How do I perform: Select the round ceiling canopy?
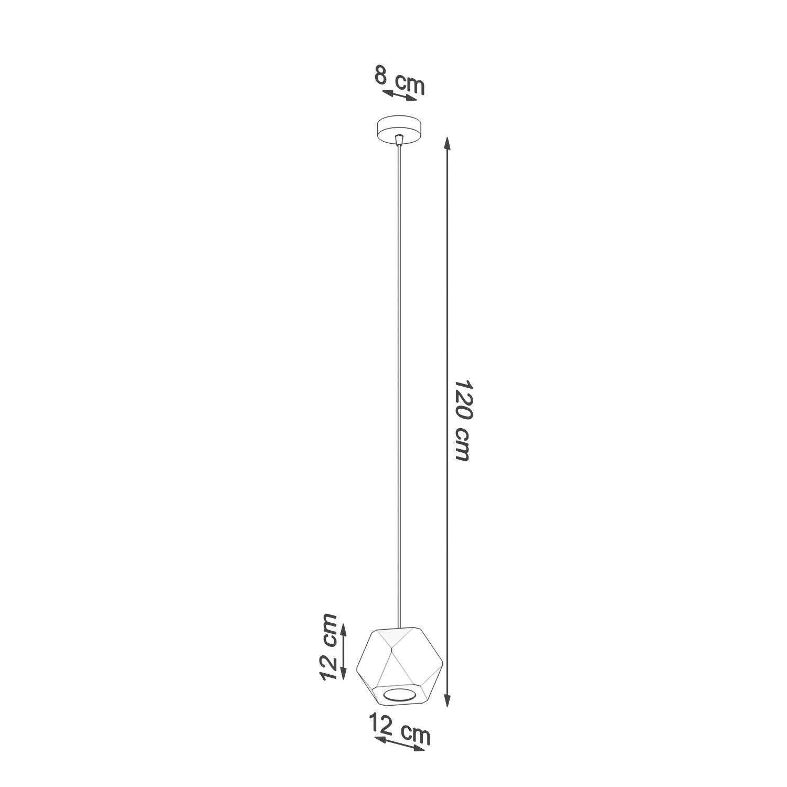(x=399, y=129)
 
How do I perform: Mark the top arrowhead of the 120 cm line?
(x=447, y=144)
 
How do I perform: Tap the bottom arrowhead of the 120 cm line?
(x=447, y=700)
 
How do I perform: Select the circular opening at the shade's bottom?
(x=400, y=696)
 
